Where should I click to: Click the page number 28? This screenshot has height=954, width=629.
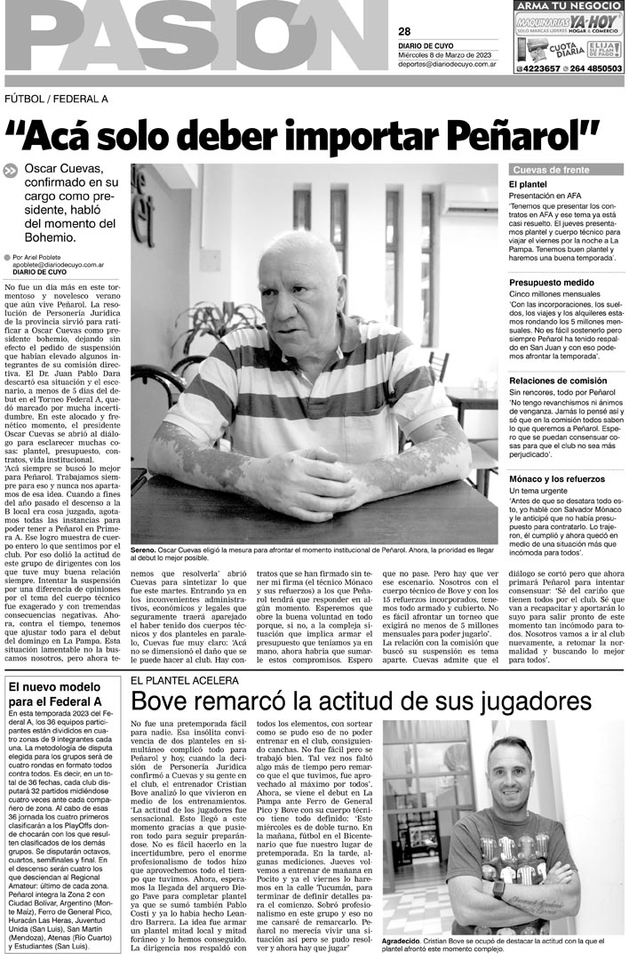[x=404, y=31]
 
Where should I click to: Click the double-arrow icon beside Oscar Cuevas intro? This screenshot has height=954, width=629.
[x=11, y=172]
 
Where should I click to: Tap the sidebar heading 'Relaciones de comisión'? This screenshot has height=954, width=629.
[x=558, y=381]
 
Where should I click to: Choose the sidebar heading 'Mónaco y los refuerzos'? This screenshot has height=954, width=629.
[x=557, y=479]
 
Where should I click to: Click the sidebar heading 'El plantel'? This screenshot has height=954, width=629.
[x=526, y=184]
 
